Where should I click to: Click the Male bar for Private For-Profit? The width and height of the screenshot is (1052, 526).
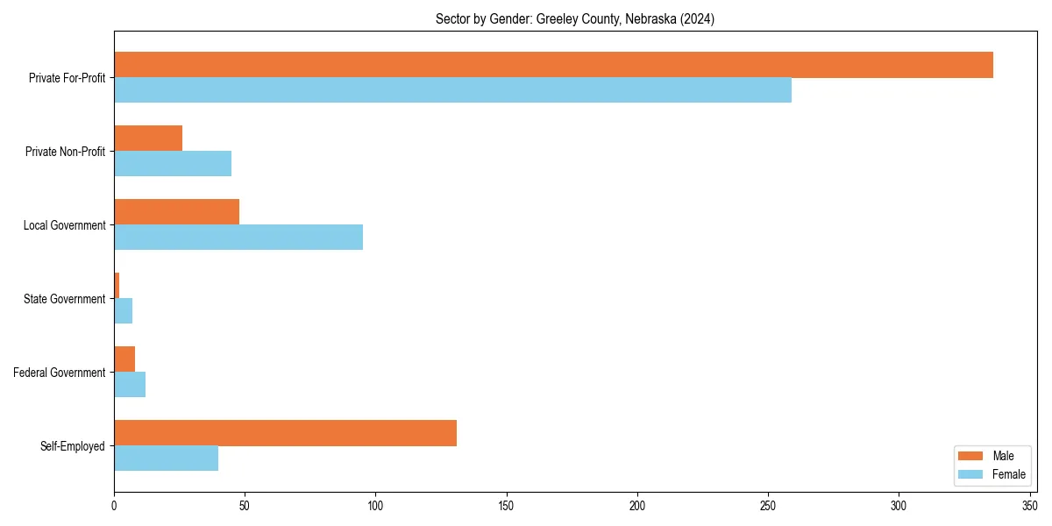point(553,65)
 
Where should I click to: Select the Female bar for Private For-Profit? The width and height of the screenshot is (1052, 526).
point(452,90)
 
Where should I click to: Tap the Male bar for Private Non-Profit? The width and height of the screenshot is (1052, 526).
point(148,139)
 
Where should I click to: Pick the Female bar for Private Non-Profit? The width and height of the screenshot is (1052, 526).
point(173,164)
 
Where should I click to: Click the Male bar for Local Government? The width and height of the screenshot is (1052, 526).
point(176,212)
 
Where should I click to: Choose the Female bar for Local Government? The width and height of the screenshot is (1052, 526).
point(238,238)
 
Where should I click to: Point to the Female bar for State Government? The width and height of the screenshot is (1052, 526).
point(123,311)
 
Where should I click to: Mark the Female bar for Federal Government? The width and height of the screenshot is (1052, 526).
point(130,385)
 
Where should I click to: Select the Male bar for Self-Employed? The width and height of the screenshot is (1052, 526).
point(285,433)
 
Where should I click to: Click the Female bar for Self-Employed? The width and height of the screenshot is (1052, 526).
point(166,458)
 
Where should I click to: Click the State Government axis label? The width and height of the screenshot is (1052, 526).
point(64,299)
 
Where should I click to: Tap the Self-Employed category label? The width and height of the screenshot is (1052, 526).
point(73,446)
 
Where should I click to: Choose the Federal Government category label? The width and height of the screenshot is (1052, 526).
point(60,373)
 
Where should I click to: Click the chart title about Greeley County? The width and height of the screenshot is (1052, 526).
point(574,19)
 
